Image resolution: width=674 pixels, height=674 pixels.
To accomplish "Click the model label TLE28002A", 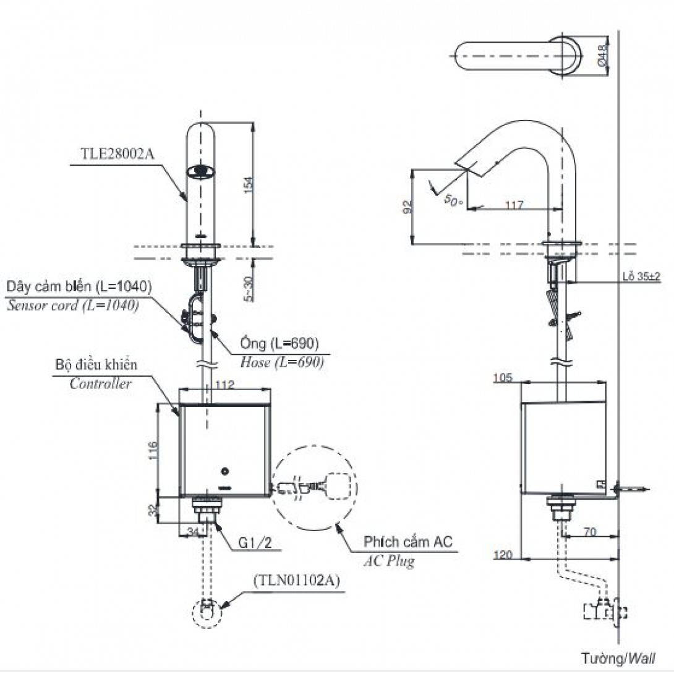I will point(118,155).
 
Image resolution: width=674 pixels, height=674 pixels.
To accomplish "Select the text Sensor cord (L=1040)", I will point(72,305).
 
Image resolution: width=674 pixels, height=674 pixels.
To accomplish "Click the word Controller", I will point(100,383).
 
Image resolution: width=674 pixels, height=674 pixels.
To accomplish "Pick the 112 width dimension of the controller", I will point(224,385).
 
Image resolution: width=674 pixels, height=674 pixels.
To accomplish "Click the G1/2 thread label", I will point(255,543).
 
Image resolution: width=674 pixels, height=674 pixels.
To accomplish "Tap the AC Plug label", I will point(388,561).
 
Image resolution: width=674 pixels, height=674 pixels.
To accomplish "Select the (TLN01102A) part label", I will point(296,581).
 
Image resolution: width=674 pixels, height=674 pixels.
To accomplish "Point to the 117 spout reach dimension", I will point(514,205).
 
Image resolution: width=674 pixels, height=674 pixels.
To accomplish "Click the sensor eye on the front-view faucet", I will point(200,169).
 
